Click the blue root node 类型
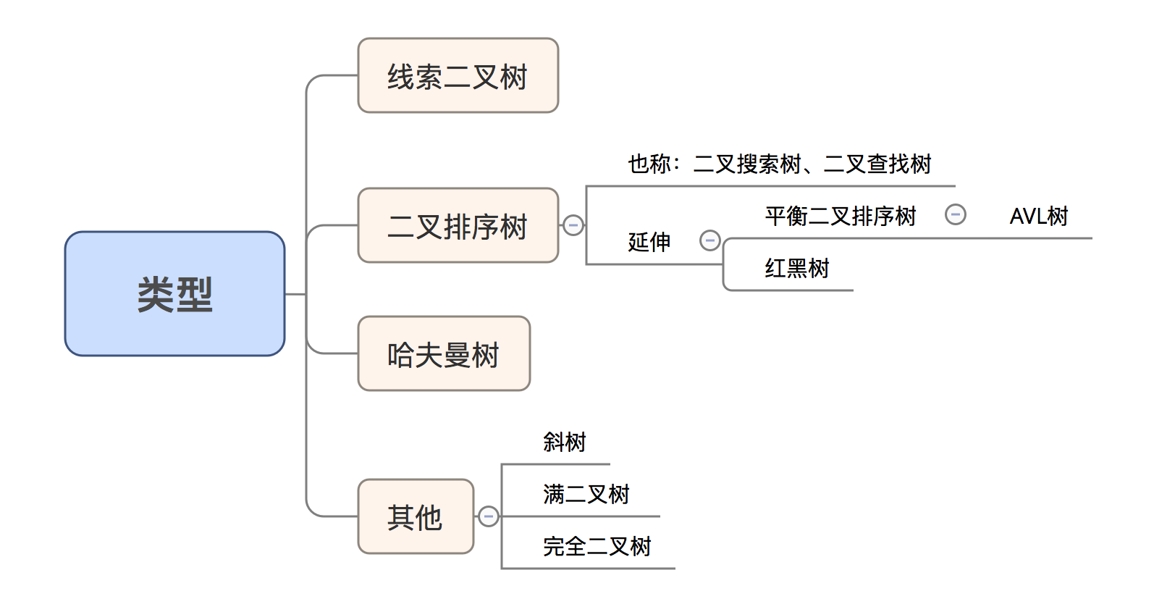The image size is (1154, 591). [174, 294]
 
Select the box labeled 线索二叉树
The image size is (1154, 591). [458, 76]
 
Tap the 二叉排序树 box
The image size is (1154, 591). [458, 226]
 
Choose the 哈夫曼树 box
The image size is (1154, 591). [444, 354]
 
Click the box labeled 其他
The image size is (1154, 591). [416, 516]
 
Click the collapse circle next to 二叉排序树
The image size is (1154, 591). [573, 225]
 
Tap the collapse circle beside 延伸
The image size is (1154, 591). [709, 240]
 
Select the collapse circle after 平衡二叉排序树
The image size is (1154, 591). [955, 214]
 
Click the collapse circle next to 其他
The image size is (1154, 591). [489, 516]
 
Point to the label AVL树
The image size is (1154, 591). [1039, 216]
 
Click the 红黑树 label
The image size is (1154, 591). [797, 268]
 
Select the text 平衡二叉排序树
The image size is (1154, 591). [841, 216]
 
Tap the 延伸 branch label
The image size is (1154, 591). [649, 242]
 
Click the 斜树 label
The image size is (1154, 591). [565, 442]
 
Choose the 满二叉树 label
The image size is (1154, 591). [586, 494]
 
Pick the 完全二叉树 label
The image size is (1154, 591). [597, 546]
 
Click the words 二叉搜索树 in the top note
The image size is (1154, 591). [747, 164]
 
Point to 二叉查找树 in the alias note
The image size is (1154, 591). [877, 164]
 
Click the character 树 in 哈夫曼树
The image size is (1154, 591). [486, 355]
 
